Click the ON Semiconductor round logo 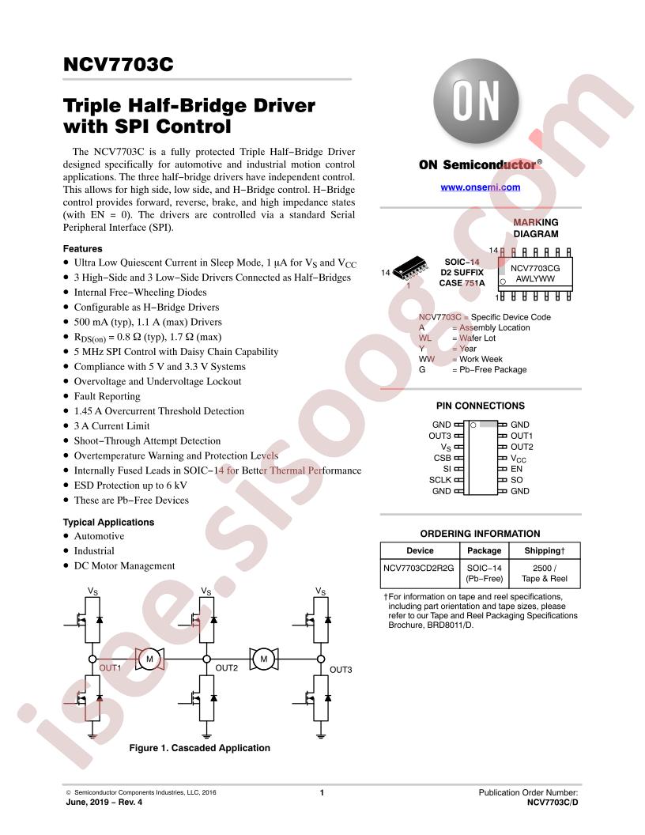[476, 101]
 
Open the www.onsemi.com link [480, 187]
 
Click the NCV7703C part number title [118, 64]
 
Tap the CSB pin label [442, 458]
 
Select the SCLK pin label [440, 480]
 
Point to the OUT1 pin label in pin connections [522, 436]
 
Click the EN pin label [516, 469]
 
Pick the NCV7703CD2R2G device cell [419, 569]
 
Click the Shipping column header [545, 550]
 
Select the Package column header [485, 550]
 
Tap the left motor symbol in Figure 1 [149, 659]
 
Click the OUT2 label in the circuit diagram [227, 668]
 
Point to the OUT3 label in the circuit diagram [341, 670]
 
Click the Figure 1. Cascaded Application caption [199, 748]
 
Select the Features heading [82, 249]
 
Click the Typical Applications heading [108, 523]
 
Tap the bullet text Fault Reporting [107, 396]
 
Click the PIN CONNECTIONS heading [481, 406]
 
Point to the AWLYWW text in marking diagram [535, 278]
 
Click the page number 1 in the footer [322, 792]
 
